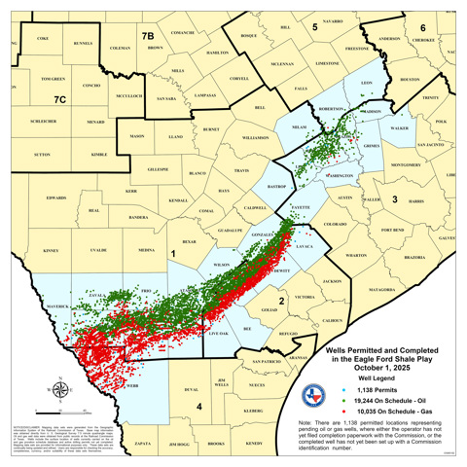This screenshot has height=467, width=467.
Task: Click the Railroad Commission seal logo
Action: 311,395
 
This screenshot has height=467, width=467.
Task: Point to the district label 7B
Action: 148,36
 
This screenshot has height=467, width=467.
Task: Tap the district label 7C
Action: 60,98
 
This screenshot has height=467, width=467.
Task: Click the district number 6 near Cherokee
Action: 422,27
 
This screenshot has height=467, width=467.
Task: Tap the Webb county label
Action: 132,386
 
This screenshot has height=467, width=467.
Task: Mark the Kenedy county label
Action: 254,443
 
